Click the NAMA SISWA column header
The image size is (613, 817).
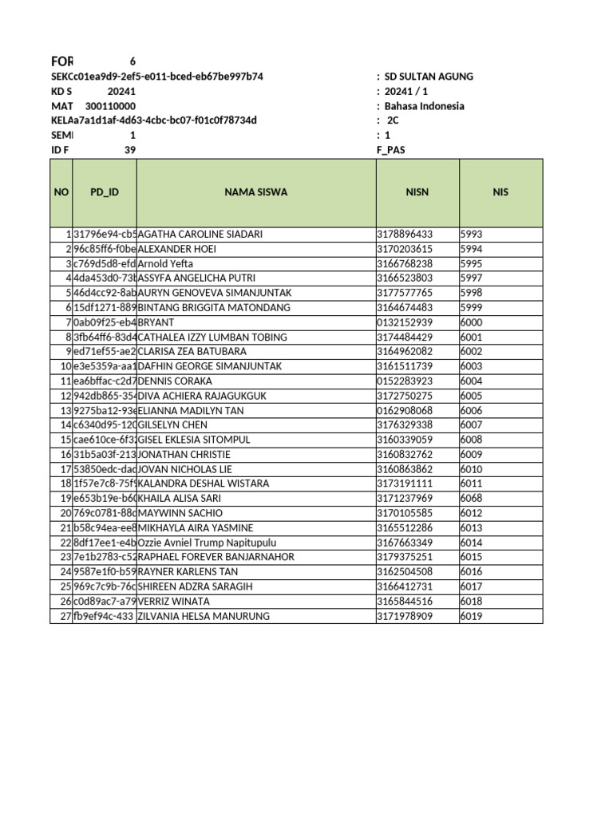pyautogui.click(x=255, y=192)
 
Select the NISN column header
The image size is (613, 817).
pyautogui.click(x=417, y=192)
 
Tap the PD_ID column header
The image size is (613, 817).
pyautogui.click(x=105, y=192)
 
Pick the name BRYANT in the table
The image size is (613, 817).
pyautogui.click(x=156, y=322)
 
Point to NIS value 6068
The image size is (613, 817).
pyautogui.click(x=472, y=499)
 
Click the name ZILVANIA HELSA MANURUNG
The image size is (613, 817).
pyautogui.click(x=204, y=616)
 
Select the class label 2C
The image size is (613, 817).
pyautogui.click(x=392, y=120)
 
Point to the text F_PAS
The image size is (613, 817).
pyautogui.click(x=390, y=150)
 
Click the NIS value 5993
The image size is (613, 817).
pyautogui.click(x=472, y=235)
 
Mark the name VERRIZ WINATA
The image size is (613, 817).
pyautogui.click(x=174, y=601)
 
